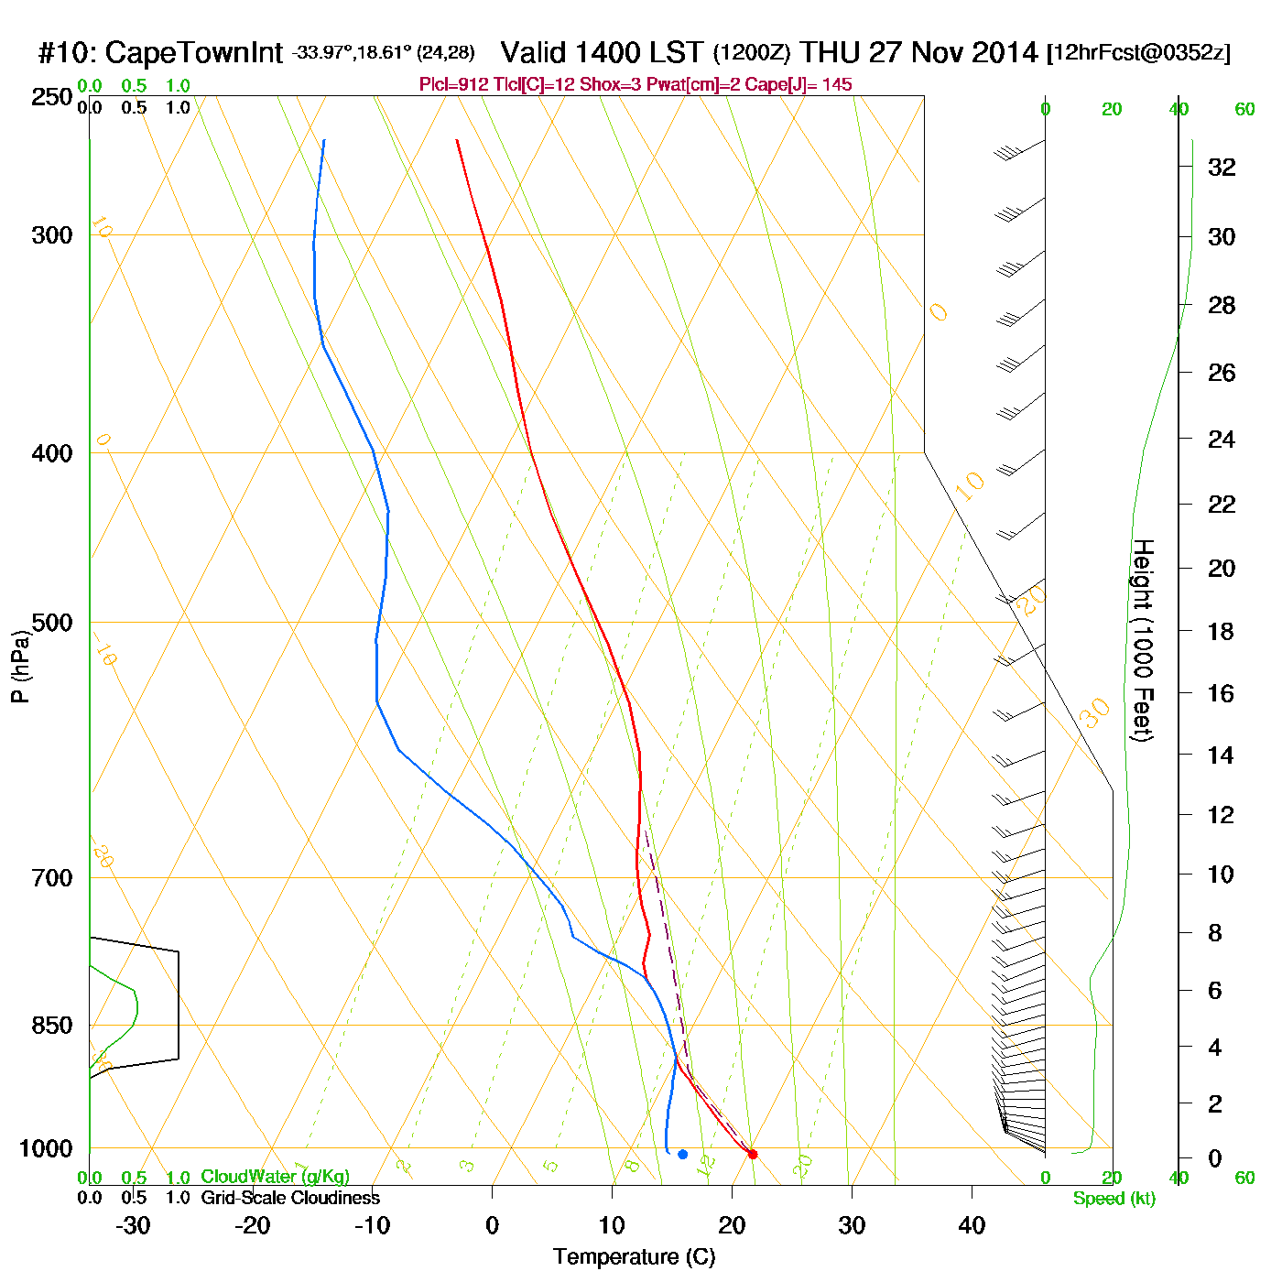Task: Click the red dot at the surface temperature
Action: click(753, 1154)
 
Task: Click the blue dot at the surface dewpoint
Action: click(682, 1154)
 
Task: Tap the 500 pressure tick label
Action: click(52, 623)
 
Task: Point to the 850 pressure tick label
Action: click(52, 1026)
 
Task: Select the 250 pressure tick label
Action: click(52, 97)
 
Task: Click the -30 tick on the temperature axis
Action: click(133, 1225)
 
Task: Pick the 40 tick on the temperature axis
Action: click(972, 1225)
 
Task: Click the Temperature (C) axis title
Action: click(634, 1257)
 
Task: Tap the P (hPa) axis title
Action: click(20, 666)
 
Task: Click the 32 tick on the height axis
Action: click(1222, 167)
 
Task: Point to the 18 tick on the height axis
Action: click(1222, 631)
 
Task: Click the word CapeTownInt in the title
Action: click(194, 53)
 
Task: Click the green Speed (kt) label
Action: click(1114, 1199)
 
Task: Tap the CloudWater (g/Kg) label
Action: click(275, 1177)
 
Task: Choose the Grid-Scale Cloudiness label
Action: click(290, 1198)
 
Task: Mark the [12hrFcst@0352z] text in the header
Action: click(1138, 52)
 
